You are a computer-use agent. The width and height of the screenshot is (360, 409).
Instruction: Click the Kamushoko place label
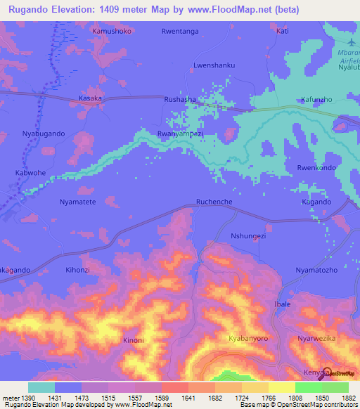112,32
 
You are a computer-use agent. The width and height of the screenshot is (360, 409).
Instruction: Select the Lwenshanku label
214,65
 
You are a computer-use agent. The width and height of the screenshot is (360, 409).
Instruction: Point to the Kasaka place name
90,98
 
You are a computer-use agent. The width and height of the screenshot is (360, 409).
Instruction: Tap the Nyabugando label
44,134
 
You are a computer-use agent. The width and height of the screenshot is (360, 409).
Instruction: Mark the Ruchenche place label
214,202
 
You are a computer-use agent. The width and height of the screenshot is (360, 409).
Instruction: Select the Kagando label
316,202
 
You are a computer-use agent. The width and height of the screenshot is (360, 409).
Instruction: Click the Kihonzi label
79,270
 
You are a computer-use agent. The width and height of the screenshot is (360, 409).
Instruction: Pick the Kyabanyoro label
248,339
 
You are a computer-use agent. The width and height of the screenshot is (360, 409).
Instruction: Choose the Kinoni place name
134,341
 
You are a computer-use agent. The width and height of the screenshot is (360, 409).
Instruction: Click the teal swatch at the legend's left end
41,387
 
